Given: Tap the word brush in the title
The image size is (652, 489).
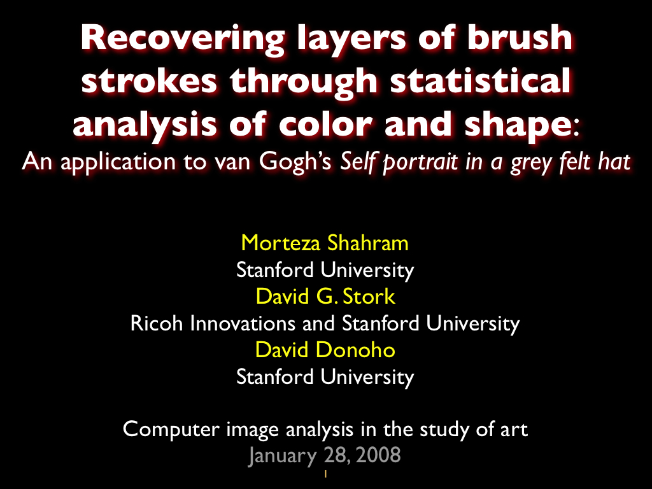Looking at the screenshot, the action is click(x=520, y=37).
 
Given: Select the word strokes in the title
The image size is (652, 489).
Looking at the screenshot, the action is click(x=149, y=80).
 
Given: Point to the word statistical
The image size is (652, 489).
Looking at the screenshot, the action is click(x=481, y=80).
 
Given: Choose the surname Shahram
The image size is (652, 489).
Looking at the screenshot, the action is click(x=367, y=243).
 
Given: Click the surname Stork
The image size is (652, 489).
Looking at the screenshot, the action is click(x=369, y=297).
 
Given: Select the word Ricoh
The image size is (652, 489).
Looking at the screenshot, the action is click(x=157, y=323).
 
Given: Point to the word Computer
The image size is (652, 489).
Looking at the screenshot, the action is click(x=171, y=430).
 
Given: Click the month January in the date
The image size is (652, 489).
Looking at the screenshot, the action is click(x=282, y=456).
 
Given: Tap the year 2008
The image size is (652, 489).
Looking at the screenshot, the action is click(x=378, y=455).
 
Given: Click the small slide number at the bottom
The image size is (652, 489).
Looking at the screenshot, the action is click(x=325, y=474).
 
